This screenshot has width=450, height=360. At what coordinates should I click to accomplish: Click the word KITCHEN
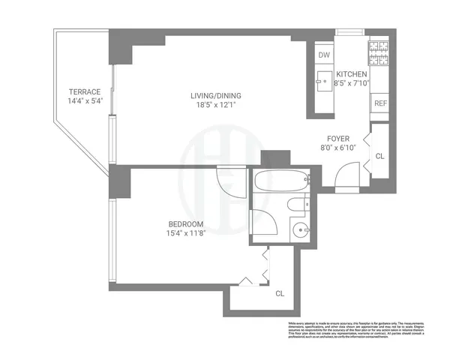[x=351, y=74]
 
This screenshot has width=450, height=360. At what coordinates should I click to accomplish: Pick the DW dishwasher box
[x=324, y=55]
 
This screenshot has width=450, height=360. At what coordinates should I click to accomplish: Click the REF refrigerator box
[x=380, y=103]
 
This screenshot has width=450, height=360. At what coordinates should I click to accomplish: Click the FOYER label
[x=338, y=138]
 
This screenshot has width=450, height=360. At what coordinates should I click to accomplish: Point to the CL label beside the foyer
[x=379, y=156]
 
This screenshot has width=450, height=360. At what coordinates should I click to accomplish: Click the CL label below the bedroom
[x=280, y=293]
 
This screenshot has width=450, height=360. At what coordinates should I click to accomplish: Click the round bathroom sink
[x=301, y=231]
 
